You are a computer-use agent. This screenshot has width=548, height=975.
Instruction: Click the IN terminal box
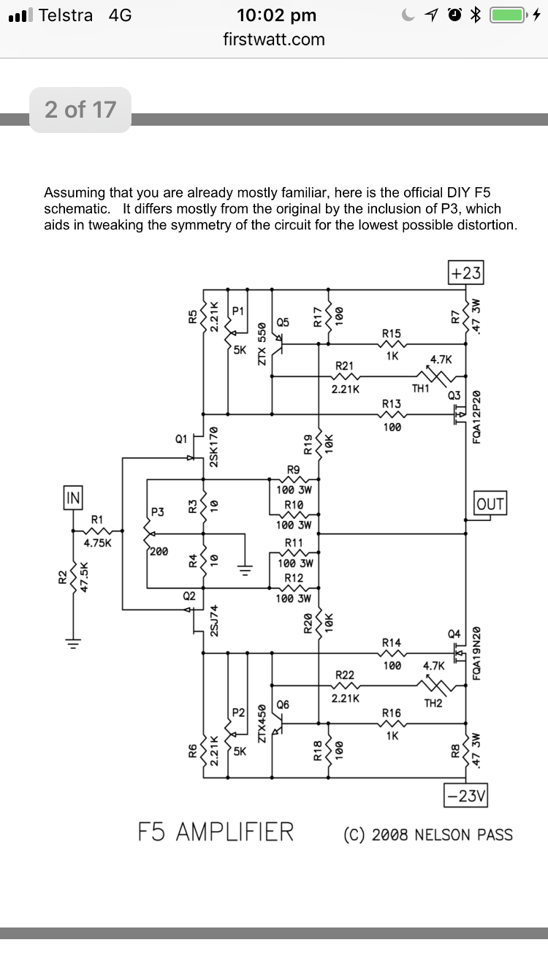[72, 498]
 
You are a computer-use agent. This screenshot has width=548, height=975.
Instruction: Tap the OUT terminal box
[490, 503]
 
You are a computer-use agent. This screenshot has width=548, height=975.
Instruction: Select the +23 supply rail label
[465, 273]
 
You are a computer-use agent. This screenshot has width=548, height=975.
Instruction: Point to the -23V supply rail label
[465, 796]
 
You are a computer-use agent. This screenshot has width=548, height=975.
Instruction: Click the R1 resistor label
[97, 520]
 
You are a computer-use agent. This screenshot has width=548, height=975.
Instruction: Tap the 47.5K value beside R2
[84, 577]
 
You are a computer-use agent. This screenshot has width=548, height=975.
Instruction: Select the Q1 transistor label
[181, 439]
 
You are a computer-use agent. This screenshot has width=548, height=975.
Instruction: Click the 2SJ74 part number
[213, 621]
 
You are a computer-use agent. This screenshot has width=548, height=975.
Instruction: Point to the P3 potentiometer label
[158, 512]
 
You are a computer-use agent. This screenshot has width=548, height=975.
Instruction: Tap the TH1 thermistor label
[420, 388]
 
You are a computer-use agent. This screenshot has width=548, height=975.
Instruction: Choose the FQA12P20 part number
[476, 417]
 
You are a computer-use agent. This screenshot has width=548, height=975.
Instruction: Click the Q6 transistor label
[283, 705]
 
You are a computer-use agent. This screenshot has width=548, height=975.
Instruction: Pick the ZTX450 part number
[262, 724]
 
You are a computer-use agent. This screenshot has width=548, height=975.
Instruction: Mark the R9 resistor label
[294, 470]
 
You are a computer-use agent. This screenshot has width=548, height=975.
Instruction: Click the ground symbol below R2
[73, 643]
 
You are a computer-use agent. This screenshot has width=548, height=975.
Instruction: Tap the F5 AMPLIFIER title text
[216, 832]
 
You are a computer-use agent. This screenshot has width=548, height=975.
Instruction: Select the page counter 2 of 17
[80, 110]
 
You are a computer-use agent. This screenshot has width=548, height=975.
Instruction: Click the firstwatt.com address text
[274, 39]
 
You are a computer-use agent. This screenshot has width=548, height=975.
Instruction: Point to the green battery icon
[508, 15]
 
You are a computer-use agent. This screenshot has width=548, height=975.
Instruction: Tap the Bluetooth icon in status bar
[476, 15]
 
